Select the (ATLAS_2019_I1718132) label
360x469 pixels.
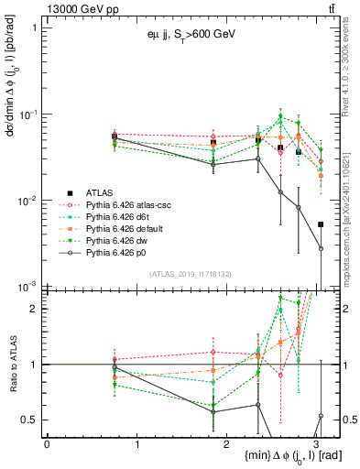point(190,275)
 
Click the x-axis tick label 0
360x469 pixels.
point(47,443)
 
